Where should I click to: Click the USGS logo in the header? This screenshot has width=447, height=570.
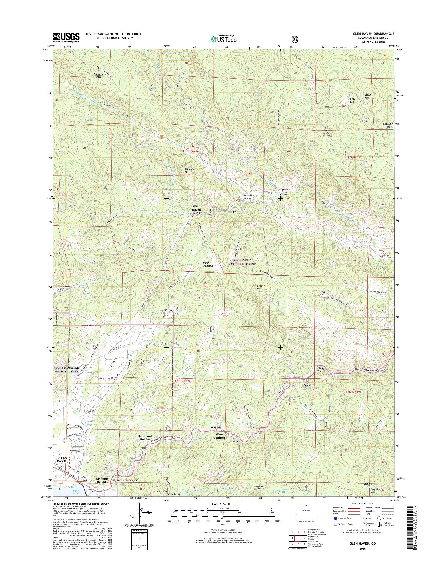click(66, 37)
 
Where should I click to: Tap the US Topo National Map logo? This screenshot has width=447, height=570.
click(223, 39)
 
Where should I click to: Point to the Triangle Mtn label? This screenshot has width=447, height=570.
click(189, 171)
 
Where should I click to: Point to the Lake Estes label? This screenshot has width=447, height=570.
click(76, 492)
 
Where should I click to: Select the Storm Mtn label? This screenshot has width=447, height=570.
click(368, 96)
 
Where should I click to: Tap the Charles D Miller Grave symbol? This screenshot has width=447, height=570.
click(279, 195)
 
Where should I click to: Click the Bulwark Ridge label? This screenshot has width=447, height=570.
click(98, 75)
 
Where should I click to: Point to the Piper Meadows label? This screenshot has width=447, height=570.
click(208, 264)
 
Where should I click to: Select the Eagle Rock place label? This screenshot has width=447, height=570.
click(143, 362)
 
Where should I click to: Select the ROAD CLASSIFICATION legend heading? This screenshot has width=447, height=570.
click(363, 503)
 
